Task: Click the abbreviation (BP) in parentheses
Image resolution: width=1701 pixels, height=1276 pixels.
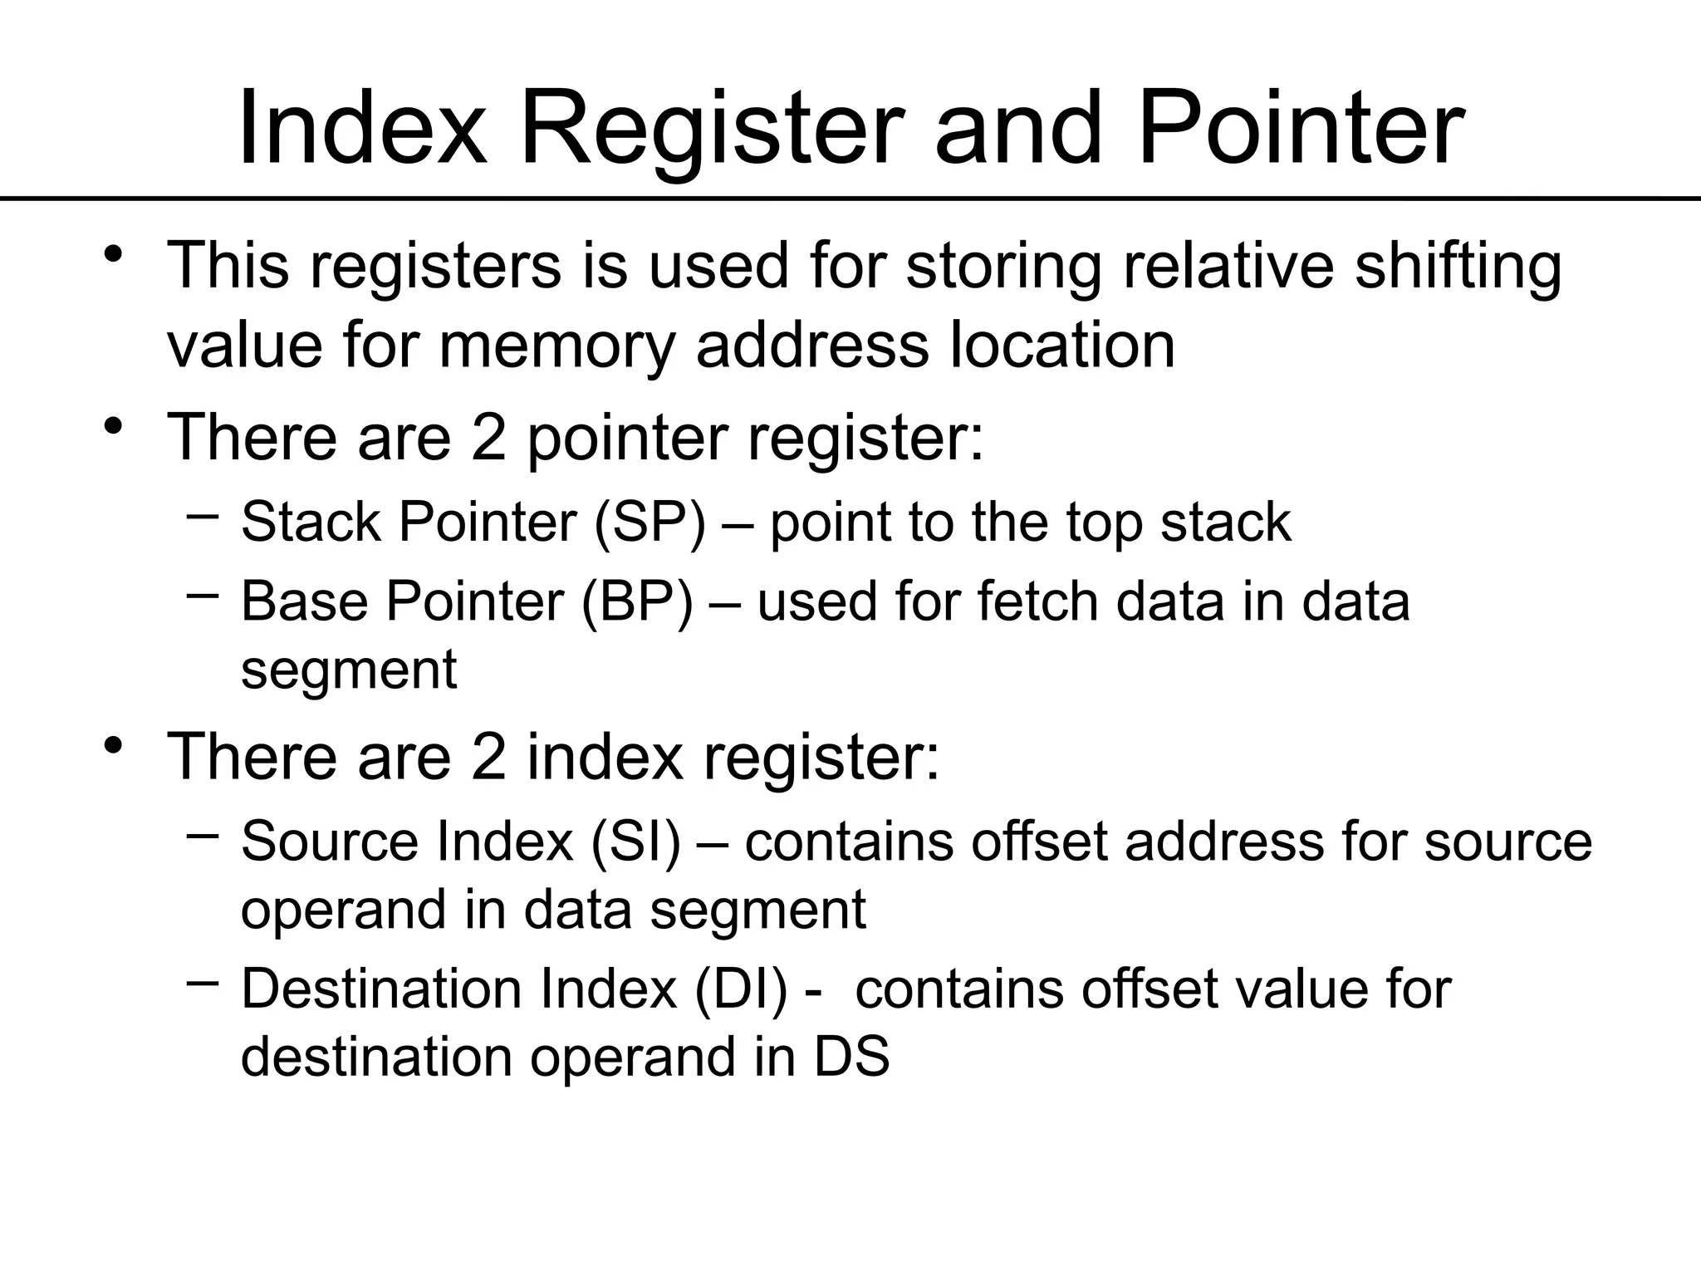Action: click(x=637, y=601)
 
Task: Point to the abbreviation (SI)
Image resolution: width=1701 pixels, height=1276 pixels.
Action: click(x=635, y=841)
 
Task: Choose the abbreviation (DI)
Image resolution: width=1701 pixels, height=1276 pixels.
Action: click(x=740, y=989)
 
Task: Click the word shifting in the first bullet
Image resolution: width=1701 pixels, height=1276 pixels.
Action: click(x=1458, y=266)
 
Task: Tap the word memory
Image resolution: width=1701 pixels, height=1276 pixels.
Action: click(x=556, y=345)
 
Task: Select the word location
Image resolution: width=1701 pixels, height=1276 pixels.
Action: click(x=1061, y=345)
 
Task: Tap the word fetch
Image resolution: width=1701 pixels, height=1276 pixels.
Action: click(x=1038, y=601)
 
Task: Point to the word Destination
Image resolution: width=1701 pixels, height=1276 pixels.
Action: click(x=381, y=989)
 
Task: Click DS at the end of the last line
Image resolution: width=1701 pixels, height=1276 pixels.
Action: click(x=852, y=1057)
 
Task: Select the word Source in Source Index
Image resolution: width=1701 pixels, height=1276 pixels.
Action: click(x=330, y=841)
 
